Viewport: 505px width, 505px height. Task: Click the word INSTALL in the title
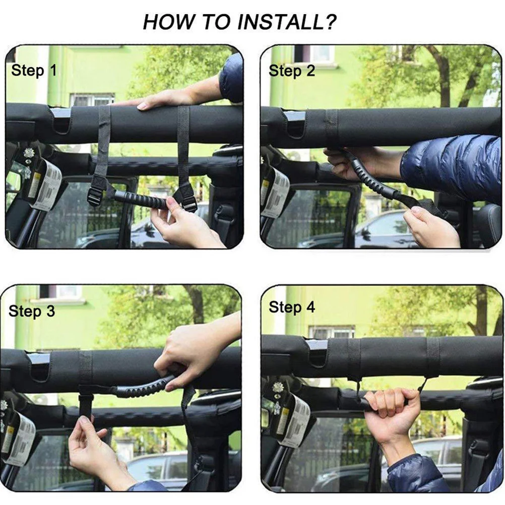pyautogui.click(x=276, y=22)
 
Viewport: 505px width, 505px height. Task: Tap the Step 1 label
pyautogui.click(x=34, y=71)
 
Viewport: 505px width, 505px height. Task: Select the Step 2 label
pyautogui.click(x=292, y=71)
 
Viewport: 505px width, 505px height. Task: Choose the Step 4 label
pyautogui.click(x=292, y=307)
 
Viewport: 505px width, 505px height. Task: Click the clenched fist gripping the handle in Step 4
pyautogui.click(x=386, y=408)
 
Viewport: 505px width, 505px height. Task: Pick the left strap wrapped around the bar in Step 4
pyautogui.click(x=354, y=359)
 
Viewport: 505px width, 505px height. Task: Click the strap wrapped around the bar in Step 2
pyautogui.click(x=331, y=126)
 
